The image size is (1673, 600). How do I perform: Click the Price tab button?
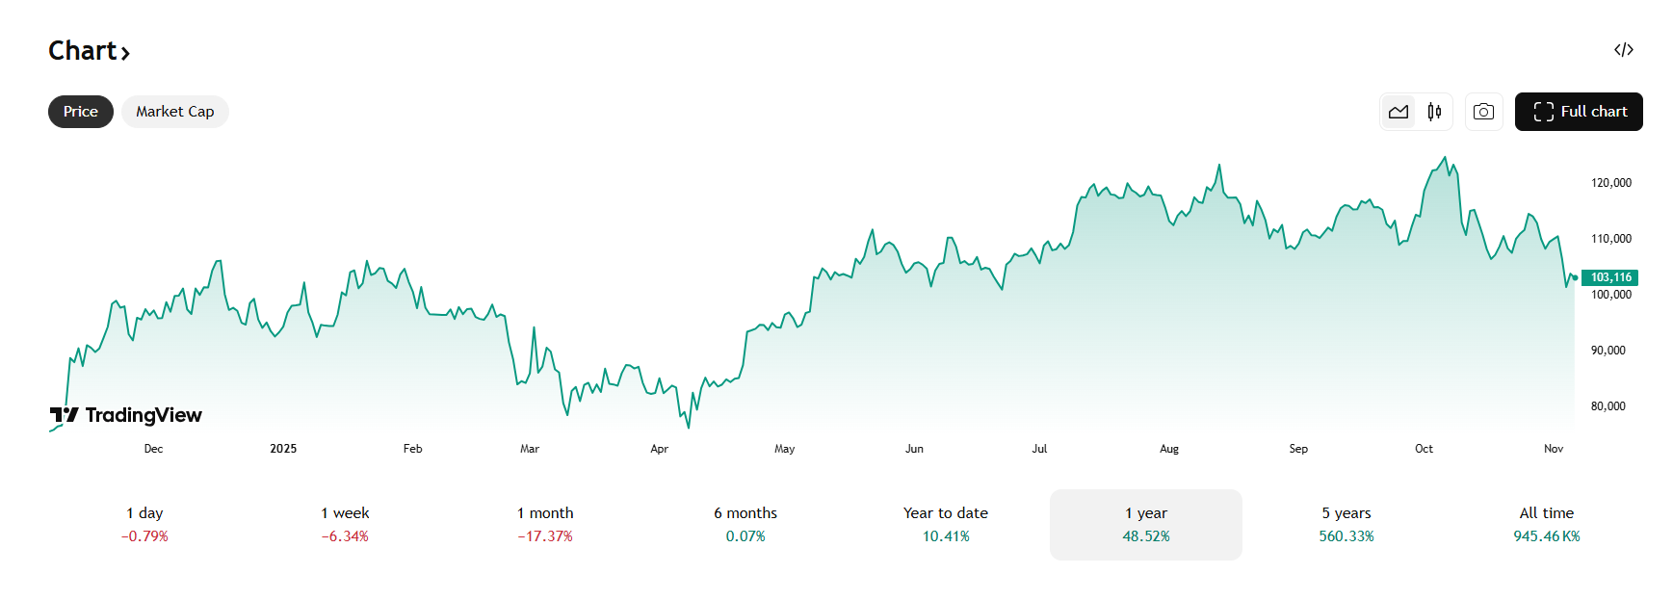(81, 112)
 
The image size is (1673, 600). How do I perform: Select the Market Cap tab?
(174, 112)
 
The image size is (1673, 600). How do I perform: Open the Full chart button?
(1578, 112)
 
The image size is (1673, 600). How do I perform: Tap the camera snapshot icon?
(1483, 112)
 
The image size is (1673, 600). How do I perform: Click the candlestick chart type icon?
(1434, 112)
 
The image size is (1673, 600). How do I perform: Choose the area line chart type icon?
(1399, 112)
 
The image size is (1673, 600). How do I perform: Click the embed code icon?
(1624, 50)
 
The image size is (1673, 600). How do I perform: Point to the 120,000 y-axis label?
(1610, 183)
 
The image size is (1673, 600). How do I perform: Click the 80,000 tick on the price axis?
(1608, 406)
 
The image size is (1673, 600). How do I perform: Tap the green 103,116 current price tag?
(1610, 277)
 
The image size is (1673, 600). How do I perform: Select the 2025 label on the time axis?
(283, 449)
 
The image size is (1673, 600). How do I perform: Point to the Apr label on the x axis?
(659, 449)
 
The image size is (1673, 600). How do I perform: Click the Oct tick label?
(1424, 449)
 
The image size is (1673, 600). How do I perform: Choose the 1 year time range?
(1146, 524)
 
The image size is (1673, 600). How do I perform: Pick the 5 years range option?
(1346, 524)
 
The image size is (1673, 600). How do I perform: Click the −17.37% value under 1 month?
(545, 536)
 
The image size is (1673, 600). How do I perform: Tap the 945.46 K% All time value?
(1546, 536)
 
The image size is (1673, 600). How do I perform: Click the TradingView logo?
(126, 415)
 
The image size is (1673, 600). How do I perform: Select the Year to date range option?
(946, 524)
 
